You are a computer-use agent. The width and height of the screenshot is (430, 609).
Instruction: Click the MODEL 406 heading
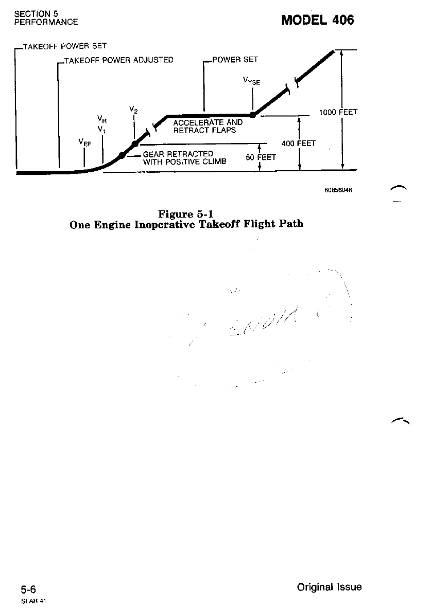[318, 20]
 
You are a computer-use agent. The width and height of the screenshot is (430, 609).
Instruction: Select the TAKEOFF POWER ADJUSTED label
[118, 60]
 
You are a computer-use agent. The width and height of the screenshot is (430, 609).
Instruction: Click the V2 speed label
[132, 110]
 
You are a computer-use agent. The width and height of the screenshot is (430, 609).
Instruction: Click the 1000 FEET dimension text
[338, 112]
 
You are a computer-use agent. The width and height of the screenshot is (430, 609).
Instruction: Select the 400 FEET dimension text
[299, 143]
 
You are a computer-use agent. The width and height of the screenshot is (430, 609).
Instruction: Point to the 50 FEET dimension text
[261, 157]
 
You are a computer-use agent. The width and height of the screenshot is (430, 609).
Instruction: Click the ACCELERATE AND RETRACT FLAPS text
[207, 127]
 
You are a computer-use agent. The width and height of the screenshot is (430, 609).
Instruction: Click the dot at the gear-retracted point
[122, 155]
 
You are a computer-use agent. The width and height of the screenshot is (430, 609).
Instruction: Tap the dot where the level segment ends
[253, 115]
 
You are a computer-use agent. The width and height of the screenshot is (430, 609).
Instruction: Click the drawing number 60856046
[338, 190]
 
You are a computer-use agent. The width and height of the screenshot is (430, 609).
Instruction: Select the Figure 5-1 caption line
[186, 214]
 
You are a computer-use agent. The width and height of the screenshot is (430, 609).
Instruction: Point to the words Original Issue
[329, 587]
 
